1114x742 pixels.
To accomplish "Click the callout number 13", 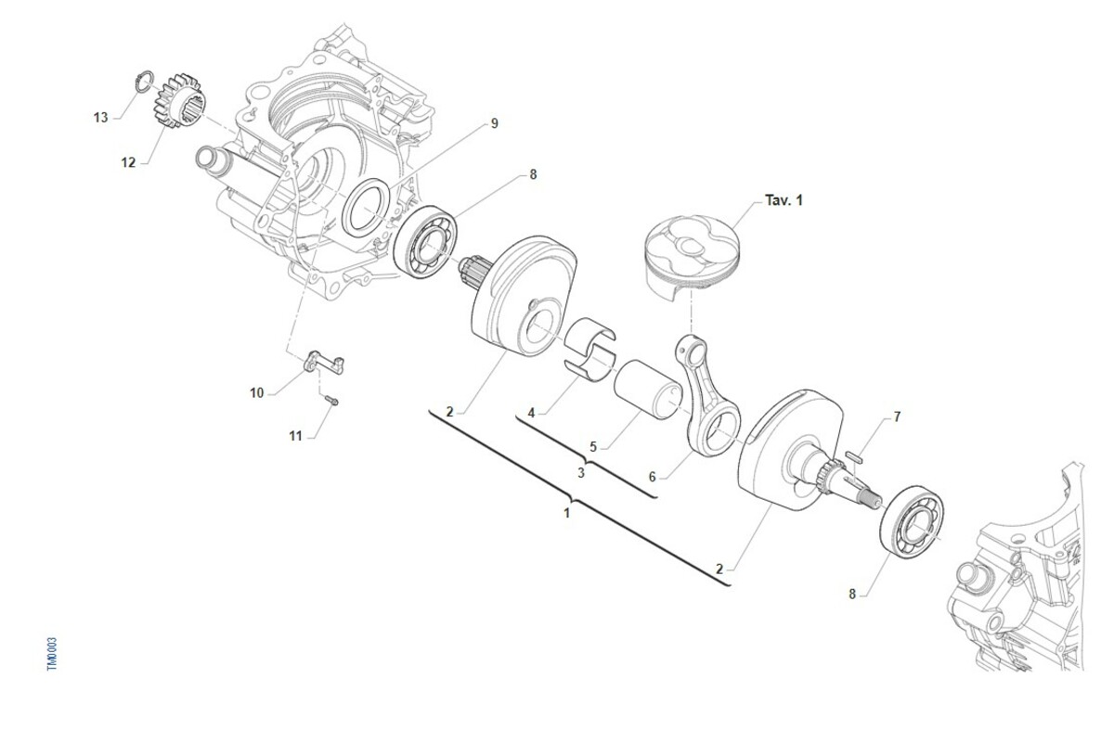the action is pos(100,117).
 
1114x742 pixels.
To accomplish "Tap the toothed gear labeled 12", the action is pos(177,101).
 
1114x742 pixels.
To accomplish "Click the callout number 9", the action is pos(494,123).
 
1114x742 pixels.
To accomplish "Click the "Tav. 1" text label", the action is pos(784,200).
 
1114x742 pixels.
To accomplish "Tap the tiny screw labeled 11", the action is pos(330,400).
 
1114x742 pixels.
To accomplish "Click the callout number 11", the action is pos(295,436).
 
